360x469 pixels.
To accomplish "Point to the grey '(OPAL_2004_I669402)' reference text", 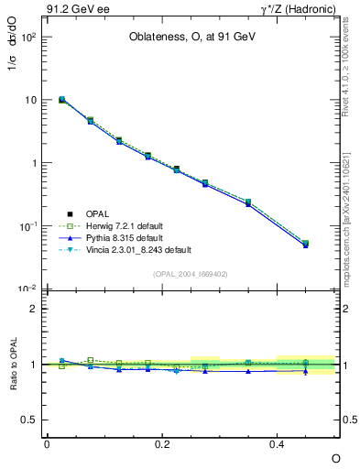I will pos(191,273).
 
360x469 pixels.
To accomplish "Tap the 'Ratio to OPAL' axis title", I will pos(12,365).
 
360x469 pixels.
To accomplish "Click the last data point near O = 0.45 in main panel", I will pos(306,244).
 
